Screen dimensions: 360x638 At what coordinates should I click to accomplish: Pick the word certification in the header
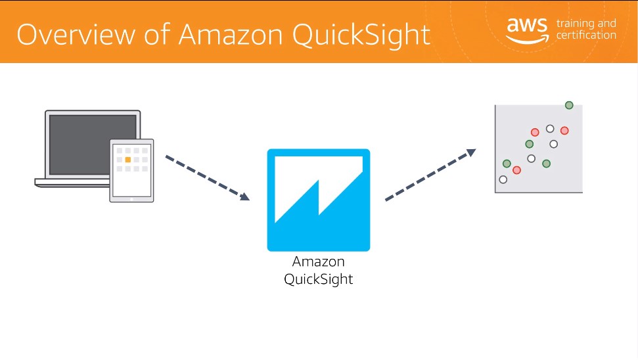click(x=586, y=35)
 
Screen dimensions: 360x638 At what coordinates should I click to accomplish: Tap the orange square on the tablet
click(x=128, y=160)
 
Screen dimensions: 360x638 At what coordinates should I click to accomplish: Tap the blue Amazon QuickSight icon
click(x=318, y=200)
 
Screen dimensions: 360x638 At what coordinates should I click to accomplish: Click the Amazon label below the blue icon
click(x=318, y=261)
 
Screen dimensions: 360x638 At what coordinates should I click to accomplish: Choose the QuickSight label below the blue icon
click(x=318, y=279)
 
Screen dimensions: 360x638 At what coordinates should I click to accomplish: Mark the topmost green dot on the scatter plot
click(x=569, y=105)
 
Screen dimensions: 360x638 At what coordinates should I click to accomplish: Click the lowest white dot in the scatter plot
click(x=503, y=179)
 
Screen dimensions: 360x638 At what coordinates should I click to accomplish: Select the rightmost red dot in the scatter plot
click(x=564, y=131)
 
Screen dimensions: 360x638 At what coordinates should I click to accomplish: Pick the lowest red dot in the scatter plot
click(x=516, y=170)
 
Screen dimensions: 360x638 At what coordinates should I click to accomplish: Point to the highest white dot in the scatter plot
click(x=550, y=129)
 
